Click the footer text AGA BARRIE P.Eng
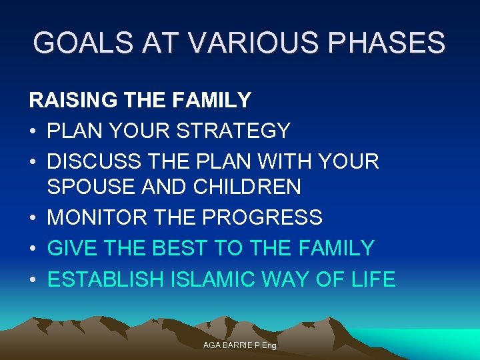click(x=239, y=345)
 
